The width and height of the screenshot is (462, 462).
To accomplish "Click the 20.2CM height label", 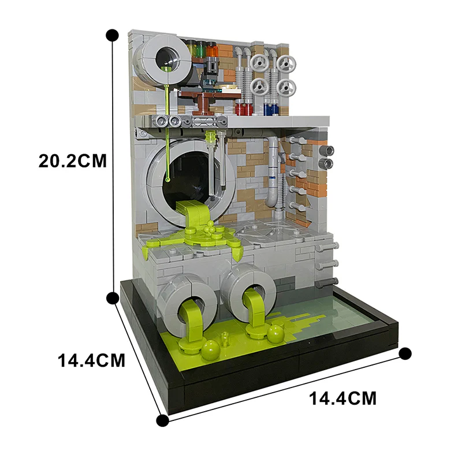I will point(73,160).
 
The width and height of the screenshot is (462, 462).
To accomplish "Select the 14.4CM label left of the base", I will point(91,360).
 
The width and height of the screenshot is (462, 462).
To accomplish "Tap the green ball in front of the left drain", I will point(208,348).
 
